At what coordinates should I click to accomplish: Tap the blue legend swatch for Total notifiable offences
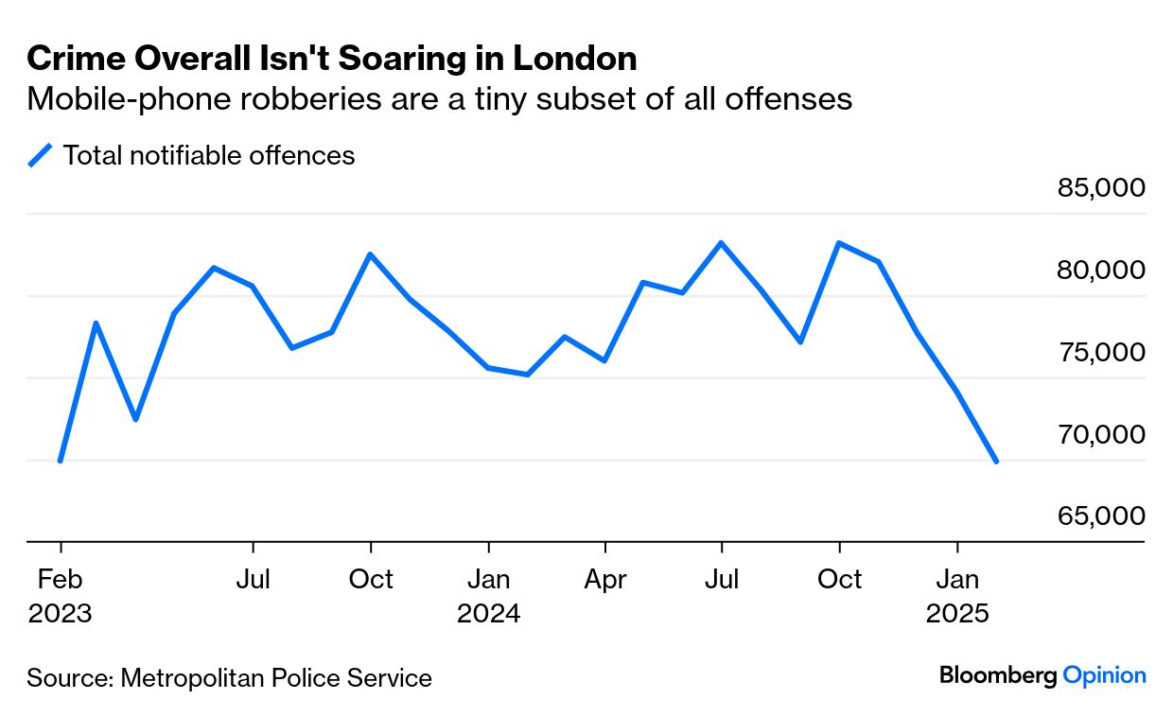(41, 155)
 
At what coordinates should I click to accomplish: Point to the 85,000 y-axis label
(1100, 187)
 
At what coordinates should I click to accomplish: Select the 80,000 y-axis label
(1100, 270)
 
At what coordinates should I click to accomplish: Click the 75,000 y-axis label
(1100, 352)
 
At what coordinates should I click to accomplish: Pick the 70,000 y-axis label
(1100, 434)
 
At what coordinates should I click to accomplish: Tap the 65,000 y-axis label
(1100, 516)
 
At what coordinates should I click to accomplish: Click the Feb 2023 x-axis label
(61, 595)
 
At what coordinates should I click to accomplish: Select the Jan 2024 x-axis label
(488, 595)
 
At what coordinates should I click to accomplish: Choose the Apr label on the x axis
(605, 579)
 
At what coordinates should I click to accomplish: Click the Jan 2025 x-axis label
(957, 595)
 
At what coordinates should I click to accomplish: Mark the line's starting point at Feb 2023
(61, 461)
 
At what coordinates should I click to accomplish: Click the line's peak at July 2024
(722, 243)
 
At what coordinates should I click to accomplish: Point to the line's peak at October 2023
(371, 254)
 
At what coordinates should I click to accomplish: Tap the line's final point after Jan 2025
(996, 461)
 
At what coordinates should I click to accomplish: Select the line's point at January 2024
(488, 367)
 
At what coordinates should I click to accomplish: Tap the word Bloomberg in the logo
(998, 675)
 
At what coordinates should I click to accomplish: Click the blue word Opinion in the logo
(1104, 675)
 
